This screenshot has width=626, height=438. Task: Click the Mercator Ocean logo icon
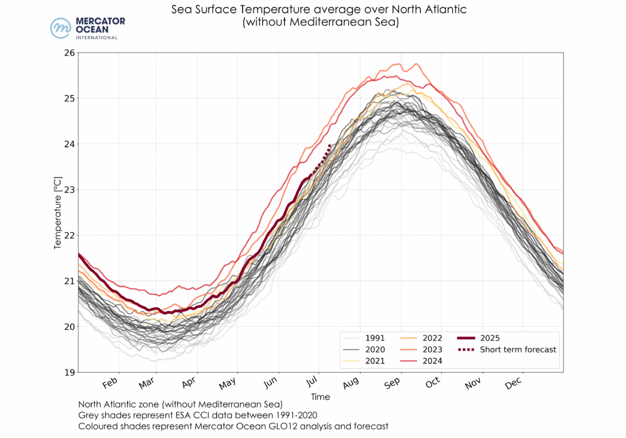(x=61, y=28)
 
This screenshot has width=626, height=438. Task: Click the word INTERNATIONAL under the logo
(x=96, y=38)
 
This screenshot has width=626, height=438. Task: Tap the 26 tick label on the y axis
(x=68, y=53)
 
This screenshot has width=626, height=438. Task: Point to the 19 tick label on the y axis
(x=68, y=372)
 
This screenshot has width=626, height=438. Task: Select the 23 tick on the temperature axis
(x=68, y=189)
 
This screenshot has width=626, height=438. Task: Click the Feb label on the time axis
(x=110, y=384)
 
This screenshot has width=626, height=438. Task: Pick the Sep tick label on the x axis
(x=391, y=384)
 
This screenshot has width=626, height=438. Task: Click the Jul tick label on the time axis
(x=312, y=384)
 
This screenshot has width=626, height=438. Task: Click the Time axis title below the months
(x=320, y=397)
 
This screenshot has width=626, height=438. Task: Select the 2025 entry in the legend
(x=490, y=338)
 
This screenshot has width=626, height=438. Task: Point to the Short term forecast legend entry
(x=518, y=349)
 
